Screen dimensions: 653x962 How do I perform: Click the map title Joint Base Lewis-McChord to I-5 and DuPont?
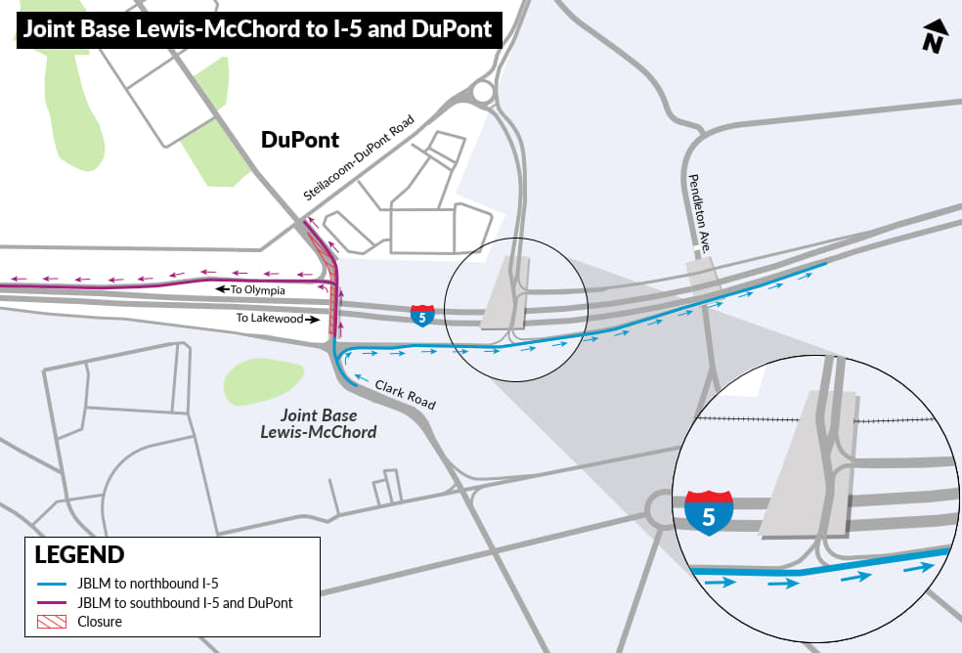tap(258, 29)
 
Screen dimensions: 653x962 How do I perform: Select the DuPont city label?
tap(299, 140)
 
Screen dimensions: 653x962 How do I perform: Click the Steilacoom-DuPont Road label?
tap(359, 158)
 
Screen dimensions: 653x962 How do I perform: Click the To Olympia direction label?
tap(251, 289)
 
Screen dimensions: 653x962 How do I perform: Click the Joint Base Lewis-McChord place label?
tap(328, 423)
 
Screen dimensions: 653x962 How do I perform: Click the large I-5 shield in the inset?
tap(710, 512)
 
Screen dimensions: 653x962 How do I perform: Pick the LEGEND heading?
tap(79, 555)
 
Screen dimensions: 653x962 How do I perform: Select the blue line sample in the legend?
tap(54, 585)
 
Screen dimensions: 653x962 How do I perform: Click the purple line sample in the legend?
tap(54, 603)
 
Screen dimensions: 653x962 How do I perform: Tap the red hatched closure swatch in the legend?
tap(54, 622)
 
